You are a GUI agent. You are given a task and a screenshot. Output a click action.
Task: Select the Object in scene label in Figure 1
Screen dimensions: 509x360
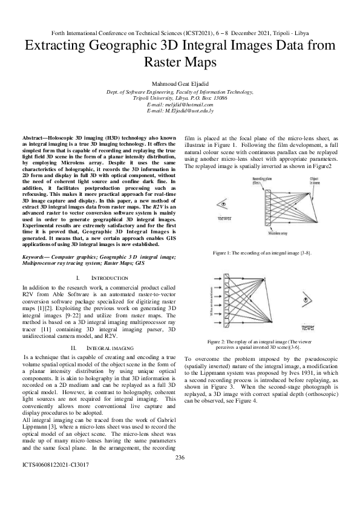tap(315, 181)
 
